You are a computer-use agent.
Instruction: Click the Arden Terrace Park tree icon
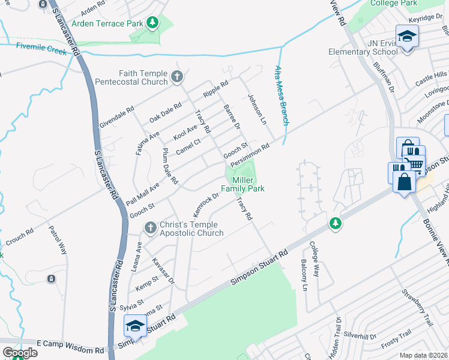pyautogui.click(x=153, y=23)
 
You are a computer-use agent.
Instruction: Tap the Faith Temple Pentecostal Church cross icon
pyautogui.click(x=176, y=76)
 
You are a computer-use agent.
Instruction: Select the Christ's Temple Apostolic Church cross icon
pyautogui.click(x=151, y=227)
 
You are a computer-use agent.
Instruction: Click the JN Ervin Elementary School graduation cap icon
pyautogui.click(x=406, y=37)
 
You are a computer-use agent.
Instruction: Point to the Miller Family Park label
pyautogui.click(x=243, y=184)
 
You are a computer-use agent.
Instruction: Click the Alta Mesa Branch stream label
pyautogui.click(x=282, y=95)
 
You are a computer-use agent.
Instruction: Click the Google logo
pyautogui.click(x=20, y=353)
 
